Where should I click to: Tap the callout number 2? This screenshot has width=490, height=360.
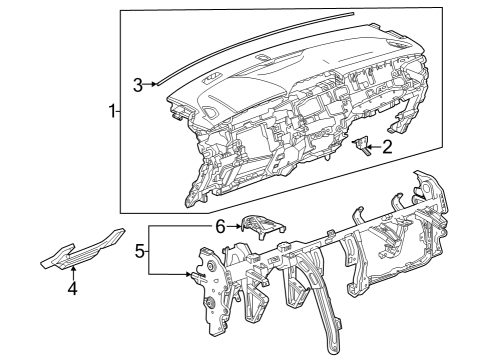point(385,148)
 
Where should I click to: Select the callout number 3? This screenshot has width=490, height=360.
point(138,84)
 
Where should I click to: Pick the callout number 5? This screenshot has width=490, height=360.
point(140,251)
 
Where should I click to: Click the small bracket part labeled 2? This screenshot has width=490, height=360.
point(362,145)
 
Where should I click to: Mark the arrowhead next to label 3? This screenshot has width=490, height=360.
point(154,85)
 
